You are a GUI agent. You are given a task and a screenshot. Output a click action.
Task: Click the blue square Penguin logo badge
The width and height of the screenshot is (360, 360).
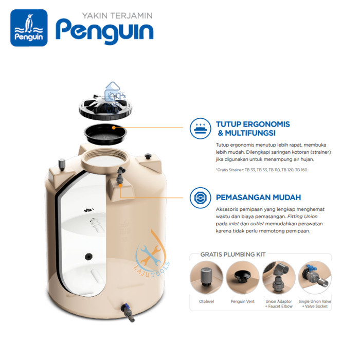point(29,28)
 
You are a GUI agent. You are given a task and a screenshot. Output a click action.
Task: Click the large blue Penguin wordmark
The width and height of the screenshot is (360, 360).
point(104,32)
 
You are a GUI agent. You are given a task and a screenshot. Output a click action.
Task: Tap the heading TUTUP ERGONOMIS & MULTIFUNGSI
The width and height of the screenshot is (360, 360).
point(253,129)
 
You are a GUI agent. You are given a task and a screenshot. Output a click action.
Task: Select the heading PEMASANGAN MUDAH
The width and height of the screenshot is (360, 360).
point(258,197)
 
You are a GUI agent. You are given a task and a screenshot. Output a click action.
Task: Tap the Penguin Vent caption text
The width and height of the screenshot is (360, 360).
point(242,302)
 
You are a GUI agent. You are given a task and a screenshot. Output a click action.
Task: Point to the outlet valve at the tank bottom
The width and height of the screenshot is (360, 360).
point(128,312)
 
